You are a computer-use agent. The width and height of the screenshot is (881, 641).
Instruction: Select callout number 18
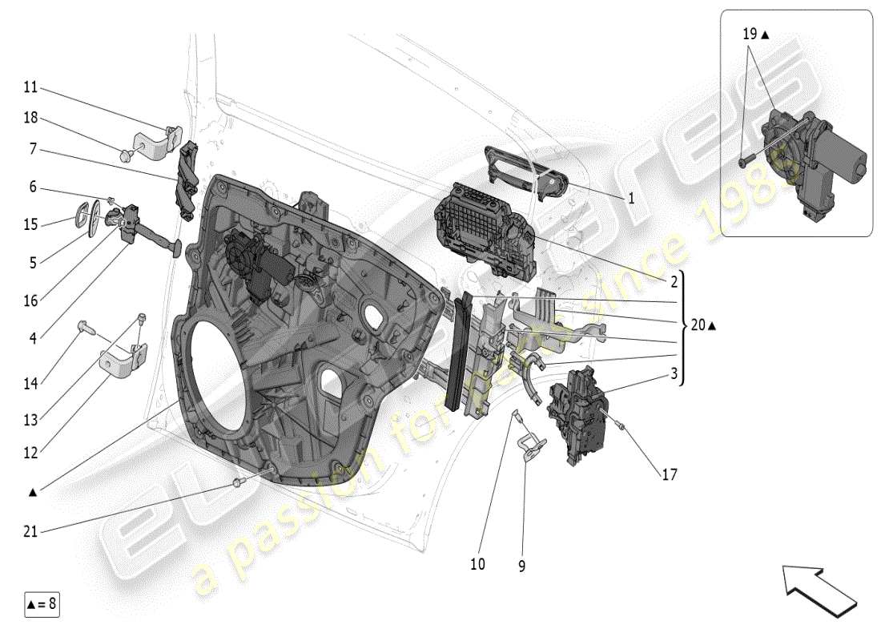point(30,118)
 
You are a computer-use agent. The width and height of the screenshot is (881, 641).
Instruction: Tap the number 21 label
point(30,531)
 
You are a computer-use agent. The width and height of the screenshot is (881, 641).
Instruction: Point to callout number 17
point(669,474)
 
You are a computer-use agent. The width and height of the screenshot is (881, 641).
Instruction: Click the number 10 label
point(477,564)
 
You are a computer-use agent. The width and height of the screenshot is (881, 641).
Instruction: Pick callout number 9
point(521,566)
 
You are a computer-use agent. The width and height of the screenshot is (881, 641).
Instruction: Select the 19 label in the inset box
point(750,34)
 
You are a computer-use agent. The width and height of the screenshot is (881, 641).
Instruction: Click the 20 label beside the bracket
point(698,325)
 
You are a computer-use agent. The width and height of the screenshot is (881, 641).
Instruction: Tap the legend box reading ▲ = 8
point(42,603)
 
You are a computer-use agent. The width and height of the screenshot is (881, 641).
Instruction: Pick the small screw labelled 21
point(238,482)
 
